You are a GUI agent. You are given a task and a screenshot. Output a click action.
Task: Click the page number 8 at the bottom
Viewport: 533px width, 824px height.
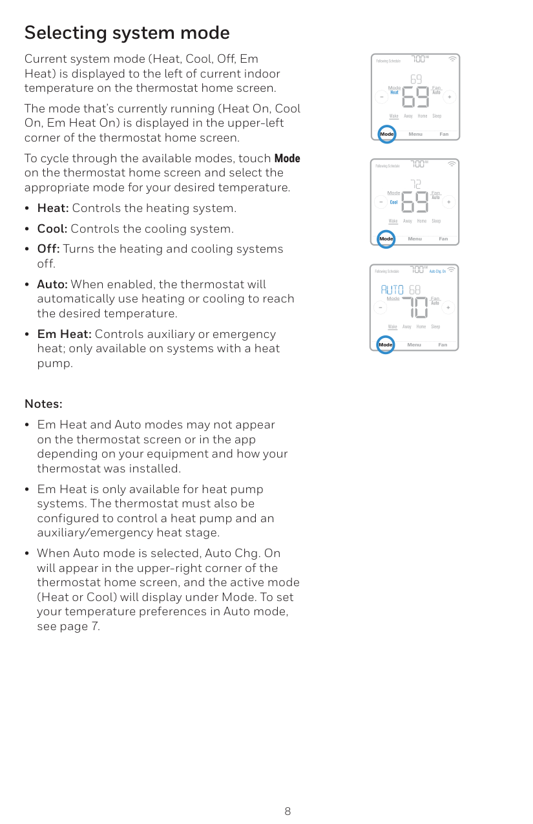[x=287, y=811]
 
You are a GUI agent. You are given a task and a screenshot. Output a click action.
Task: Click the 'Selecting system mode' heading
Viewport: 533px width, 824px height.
[x=127, y=32]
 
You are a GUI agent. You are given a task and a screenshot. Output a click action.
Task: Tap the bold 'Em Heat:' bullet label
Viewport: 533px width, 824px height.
[x=65, y=334]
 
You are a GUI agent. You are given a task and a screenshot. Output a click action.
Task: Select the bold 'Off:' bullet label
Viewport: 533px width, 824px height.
[x=48, y=249]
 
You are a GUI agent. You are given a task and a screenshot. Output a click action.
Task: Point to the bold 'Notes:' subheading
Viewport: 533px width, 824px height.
[x=43, y=404]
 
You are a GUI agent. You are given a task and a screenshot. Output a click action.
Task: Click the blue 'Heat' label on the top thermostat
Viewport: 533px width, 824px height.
[x=394, y=92]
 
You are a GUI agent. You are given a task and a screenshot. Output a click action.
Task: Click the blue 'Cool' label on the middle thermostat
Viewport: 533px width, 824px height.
[x=393, y=202]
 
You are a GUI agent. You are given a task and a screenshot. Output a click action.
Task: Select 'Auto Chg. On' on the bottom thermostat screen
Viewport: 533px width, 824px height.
[x=437, y=271]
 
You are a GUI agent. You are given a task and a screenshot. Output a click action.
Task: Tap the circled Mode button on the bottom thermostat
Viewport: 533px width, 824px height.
[x=386, y=344]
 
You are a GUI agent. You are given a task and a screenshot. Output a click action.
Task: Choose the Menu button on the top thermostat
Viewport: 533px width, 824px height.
[x=415, y=134]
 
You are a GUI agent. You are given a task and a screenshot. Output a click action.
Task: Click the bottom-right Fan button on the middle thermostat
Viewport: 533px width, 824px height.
[x=443, y=239]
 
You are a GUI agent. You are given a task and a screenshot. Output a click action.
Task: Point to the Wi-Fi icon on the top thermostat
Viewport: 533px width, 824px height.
[x=452, y=59]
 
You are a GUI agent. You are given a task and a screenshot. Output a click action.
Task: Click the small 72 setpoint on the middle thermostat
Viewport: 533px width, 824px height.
[x=417, y=184]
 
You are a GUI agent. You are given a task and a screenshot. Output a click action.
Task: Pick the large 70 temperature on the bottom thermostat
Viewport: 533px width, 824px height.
[x=414, y=308]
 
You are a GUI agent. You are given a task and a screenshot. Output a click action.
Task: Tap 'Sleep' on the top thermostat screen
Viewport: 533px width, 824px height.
[x=437, y=116]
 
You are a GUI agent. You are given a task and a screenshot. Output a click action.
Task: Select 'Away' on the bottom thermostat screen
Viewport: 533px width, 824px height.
[x=406, y=327]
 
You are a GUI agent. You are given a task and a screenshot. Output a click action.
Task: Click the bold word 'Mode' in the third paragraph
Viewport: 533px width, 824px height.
[x=287, y=159]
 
